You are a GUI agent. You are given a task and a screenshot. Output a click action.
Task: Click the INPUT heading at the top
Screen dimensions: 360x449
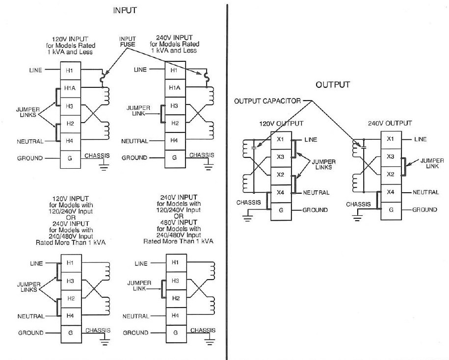click(x=125, y=10)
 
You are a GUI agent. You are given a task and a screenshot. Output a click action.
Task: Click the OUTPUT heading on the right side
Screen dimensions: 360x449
click(x=333, y=85)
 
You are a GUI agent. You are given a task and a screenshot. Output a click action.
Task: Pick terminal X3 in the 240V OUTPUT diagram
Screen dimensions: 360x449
click(x=391, y=156)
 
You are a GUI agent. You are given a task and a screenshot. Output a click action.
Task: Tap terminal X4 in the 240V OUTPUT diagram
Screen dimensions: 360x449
click(x=391, y=192)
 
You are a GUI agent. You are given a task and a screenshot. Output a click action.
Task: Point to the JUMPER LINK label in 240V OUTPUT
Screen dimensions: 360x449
click(x=432, y=163)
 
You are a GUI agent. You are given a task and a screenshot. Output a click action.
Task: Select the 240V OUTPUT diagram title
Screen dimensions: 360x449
click(x=390, y=123)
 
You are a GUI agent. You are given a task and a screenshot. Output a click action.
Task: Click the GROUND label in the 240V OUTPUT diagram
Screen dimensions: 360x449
click(x=424, y=209)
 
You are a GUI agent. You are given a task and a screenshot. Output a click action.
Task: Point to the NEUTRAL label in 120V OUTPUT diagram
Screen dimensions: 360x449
click(x=316, y=193)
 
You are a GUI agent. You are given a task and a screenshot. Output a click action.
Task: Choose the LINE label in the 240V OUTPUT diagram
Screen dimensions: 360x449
click(x=421, y=139)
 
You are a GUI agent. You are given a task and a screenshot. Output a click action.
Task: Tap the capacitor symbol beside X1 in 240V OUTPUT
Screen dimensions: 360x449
click(x=364, y=145)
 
